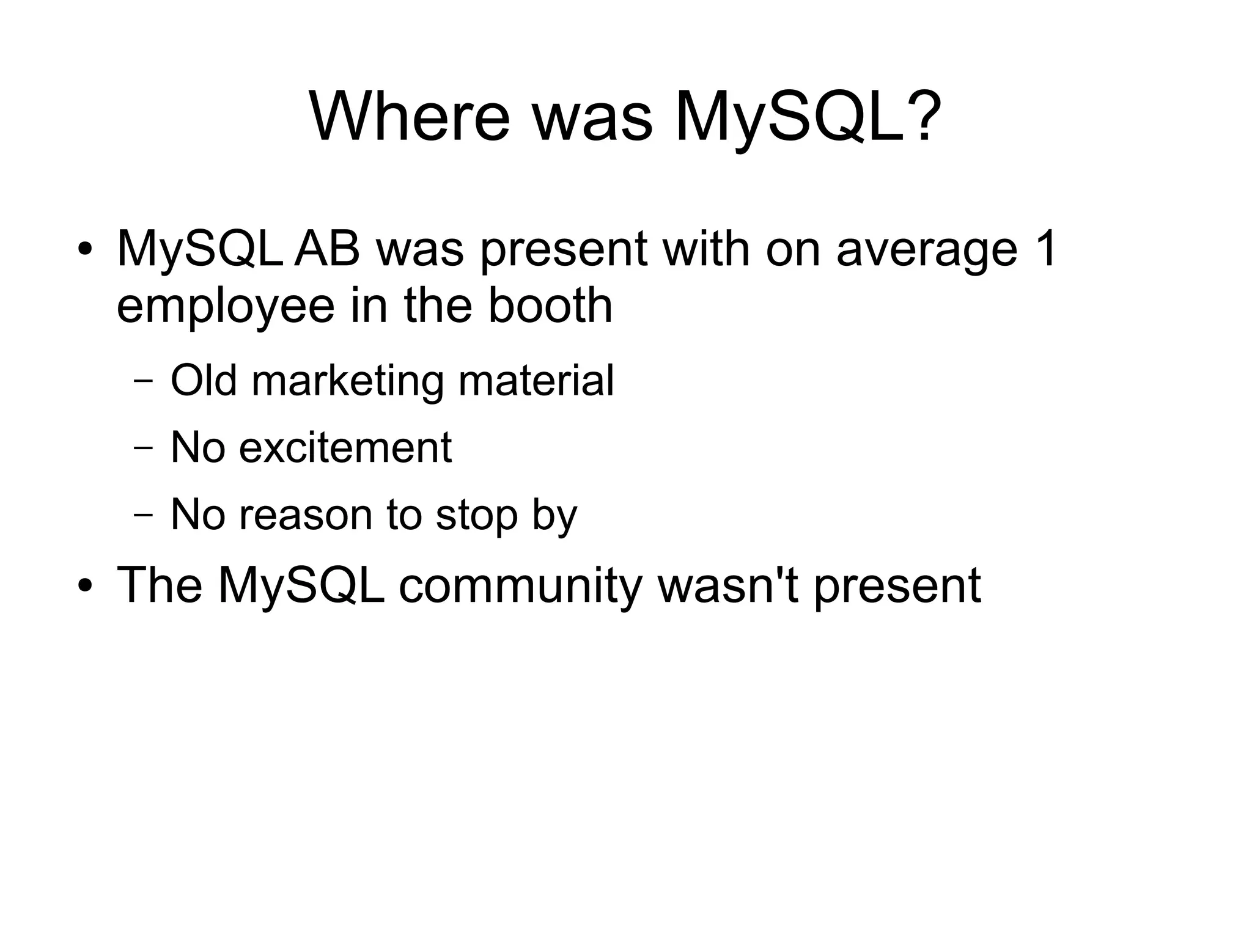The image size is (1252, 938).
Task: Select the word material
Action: point(536,380)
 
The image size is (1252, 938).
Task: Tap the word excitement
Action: point(345,447)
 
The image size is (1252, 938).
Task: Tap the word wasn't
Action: point(727,585)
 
